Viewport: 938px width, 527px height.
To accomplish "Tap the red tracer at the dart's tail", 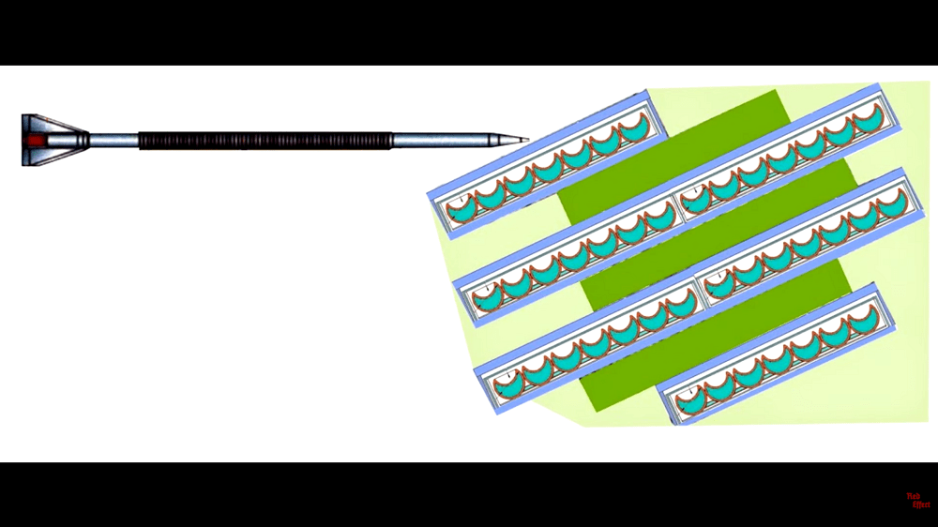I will point(36,141).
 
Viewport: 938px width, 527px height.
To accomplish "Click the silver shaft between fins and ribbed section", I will point(113,141).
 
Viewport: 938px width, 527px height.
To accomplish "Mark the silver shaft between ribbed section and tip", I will point(441,141).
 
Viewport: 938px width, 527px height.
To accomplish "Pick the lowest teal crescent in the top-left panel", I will point(460,209).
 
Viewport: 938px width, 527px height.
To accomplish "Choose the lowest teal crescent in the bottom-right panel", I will point(690,403).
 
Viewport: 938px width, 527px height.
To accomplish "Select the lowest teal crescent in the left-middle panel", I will point(487,298).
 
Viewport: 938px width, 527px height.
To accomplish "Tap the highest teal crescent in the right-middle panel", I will point(886,200).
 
